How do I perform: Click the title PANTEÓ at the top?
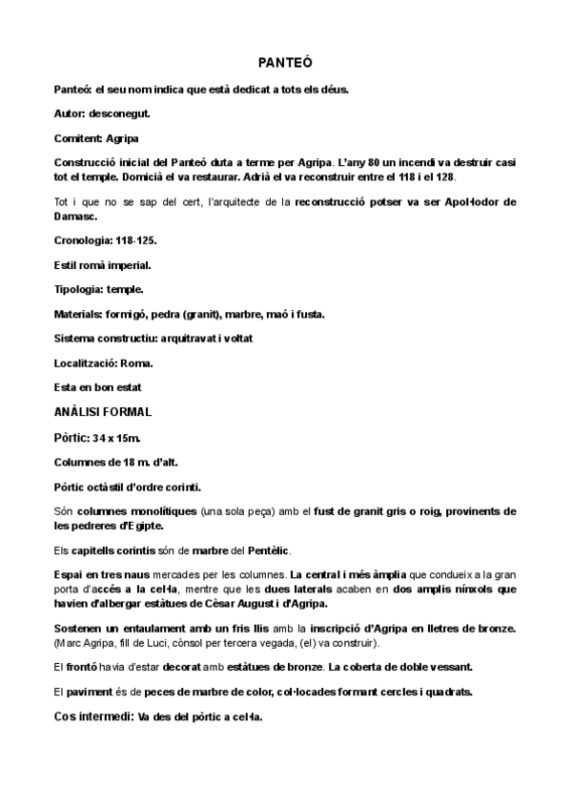pyautogui.click(x=285, y=63)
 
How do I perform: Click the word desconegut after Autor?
pyautogui.click(x=118, y=114)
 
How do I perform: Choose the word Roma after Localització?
pyautogui.click(x=137, y=363)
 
